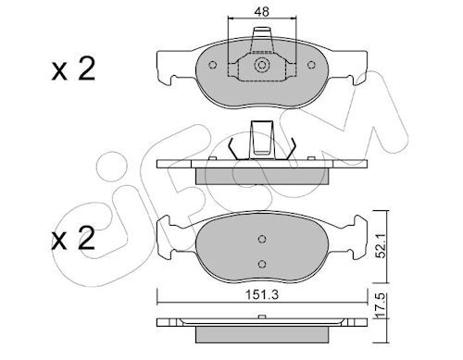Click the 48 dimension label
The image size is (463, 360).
point(262,12)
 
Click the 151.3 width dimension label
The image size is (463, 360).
point(262,295)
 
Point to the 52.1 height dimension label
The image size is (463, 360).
point(382,247)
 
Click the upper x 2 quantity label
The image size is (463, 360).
point(73,70)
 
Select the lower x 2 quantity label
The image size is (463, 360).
point(73,239)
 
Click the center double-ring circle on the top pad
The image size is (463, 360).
point(262,65)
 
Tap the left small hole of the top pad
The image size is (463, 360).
point(212,65)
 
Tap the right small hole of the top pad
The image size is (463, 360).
point(311,65)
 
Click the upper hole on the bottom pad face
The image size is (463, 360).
point(262,239)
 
